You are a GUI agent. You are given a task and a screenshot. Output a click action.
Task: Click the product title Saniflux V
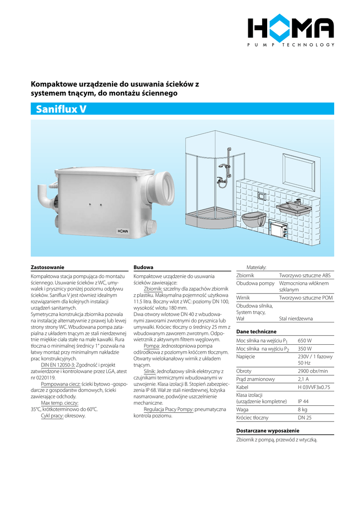[61, 109]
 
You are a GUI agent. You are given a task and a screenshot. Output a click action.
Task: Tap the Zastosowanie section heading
[48, 267]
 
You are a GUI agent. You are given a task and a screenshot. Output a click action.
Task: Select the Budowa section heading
[144, 267]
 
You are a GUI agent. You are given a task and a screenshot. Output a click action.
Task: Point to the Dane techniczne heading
[256, 331]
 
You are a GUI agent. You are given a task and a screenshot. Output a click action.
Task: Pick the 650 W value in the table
[304, 341]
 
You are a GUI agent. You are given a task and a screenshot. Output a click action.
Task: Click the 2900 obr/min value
[313, 371]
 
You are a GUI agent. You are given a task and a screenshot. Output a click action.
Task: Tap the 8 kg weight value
[302, 409]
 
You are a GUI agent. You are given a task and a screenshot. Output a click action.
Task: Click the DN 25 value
[304, 418]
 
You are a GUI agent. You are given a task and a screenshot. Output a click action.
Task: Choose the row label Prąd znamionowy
[255, 379]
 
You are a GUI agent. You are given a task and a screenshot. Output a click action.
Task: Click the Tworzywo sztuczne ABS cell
[305, 275]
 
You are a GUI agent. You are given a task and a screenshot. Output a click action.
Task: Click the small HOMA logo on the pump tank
[122, 231]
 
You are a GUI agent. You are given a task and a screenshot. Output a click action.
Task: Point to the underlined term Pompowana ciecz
[61, 384]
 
